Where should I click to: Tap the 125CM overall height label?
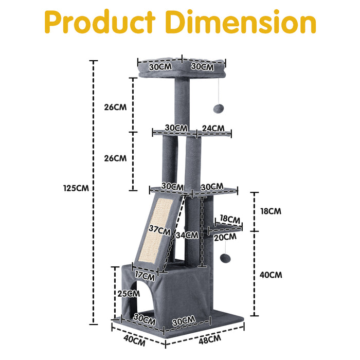point(76,188)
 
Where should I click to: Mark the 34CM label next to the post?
point(186,236)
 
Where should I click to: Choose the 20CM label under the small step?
point(225,237)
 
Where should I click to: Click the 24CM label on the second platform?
point(212,128)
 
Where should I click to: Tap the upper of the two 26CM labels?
point(115,107)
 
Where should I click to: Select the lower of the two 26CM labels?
point(115,158)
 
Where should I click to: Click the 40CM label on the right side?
point(271,275)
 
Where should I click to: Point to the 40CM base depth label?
point(134,339)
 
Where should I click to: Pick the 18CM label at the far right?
point(271,211)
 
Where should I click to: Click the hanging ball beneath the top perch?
point(217,109)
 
